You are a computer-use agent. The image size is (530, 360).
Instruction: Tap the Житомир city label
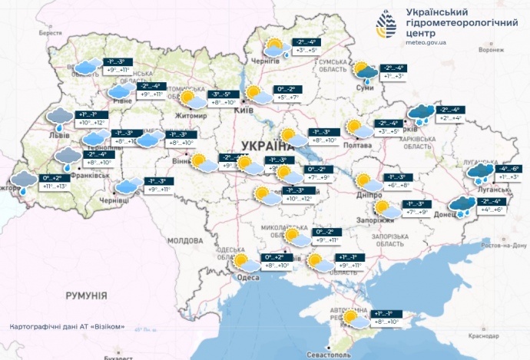pyautogui.click(x=192, y=116)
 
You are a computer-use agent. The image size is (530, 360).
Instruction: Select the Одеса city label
pyautogui.click(x=247, y=278)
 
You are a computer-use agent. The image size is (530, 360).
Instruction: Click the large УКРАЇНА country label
pyautogui.click(x=267, y=146)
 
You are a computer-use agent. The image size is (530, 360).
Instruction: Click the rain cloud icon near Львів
pyautogui.click(x=58, y=117)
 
